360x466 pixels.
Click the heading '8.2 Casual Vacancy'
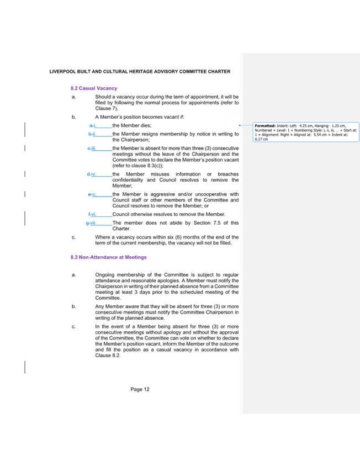pos(93,88)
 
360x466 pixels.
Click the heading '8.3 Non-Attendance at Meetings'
pos(108,257)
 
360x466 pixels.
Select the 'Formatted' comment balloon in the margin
pos(305,132)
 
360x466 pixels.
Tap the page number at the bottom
pos(140,389)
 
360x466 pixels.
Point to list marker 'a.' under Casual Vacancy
pos(74,97)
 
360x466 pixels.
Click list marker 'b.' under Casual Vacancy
pos(74,117)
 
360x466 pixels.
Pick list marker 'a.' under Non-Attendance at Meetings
pos(74,274)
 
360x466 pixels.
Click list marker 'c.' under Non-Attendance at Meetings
pos(74,326)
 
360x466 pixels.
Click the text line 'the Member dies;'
pos(131,125)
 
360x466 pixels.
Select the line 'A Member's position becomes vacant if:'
pos(140,117)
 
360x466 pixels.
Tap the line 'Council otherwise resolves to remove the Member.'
pos(168,214)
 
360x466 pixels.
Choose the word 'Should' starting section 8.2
pos(103,97)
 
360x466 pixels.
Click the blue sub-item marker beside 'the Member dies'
pos(93,125)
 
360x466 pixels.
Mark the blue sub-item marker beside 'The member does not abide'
pos(91,223)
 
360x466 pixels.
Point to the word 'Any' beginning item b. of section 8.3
pos(99,306)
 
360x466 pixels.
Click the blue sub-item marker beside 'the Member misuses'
pos(92,174)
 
